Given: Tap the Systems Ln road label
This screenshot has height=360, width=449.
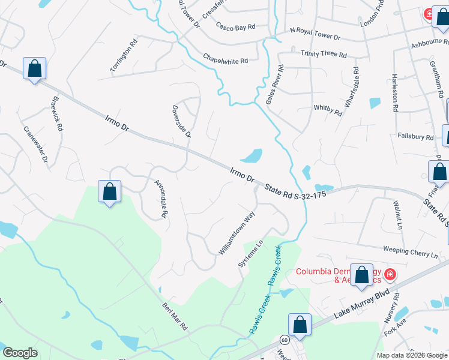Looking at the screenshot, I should click(x=251, y=254).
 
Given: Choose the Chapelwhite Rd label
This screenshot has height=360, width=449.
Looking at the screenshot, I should click(x=226, y=59).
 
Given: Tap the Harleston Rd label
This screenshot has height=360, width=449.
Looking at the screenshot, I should click(x=395, y=94).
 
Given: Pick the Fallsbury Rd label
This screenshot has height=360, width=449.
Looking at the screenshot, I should click(x=415, y=137).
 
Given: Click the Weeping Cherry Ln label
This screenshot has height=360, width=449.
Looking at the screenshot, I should click(x=411, y=251).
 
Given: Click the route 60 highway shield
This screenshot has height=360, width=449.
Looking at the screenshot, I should click(x=284, y=339).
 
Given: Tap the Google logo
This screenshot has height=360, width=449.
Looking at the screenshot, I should click(x=20, y=353).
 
